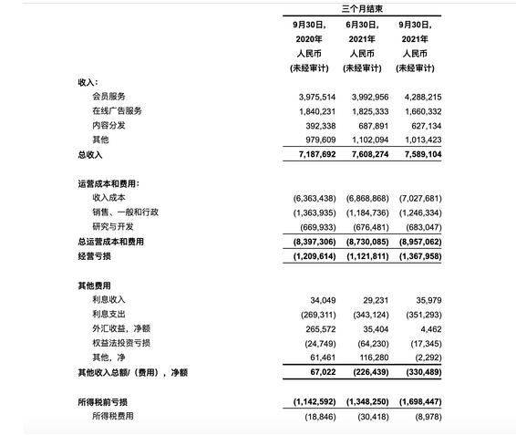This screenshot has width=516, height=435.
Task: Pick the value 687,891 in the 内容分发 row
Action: coord(371,126)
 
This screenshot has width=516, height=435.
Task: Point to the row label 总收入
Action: coord(91,155)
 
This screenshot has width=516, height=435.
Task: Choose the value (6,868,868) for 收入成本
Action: coord(366,198)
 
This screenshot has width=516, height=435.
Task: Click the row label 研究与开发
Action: coord(113,227)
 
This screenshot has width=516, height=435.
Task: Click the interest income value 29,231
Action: coord(375,300)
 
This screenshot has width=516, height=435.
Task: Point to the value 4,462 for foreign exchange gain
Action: coord(429,329)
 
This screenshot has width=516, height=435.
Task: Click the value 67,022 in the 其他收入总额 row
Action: coord(323,372)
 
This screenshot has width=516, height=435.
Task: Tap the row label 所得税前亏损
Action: coord(103,401)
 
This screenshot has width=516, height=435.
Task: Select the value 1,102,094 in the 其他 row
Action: coord(368,140)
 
